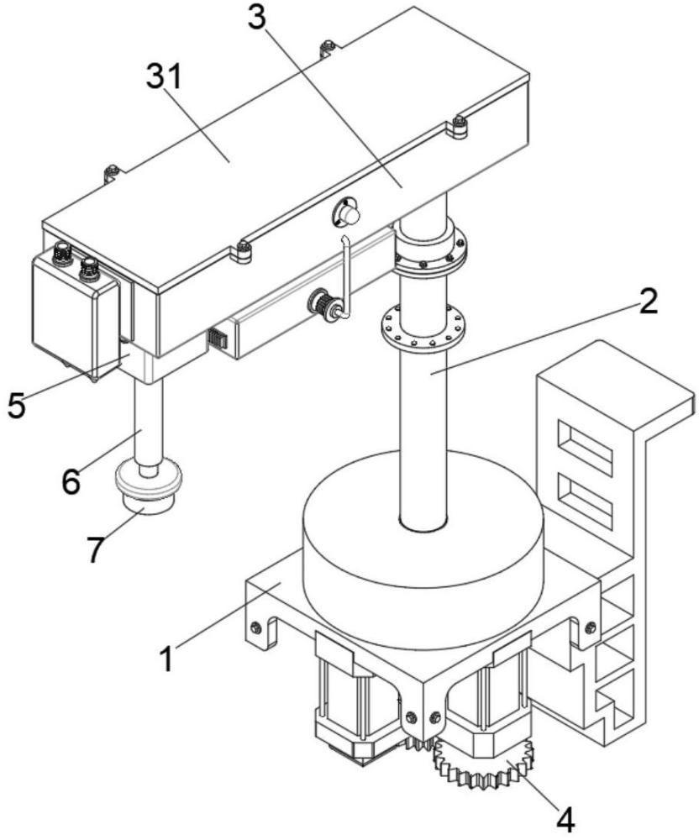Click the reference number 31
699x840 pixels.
(165, 76)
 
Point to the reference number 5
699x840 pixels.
(16, 405)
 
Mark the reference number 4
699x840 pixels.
(565, 818)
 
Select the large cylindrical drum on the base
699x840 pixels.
(423, 540)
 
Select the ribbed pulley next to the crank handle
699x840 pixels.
(323, 306)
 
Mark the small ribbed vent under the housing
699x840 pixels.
(217, 339)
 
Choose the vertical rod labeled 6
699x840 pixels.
(148, 423)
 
